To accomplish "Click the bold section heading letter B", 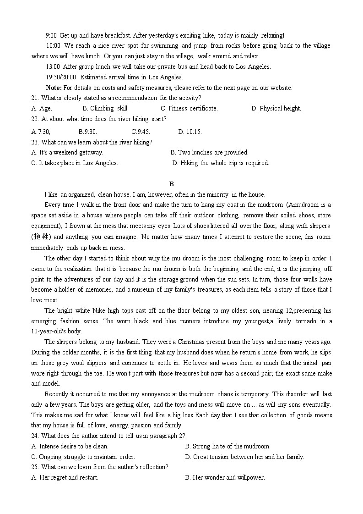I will click(172, 184).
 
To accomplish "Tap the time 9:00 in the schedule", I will click(51, 35).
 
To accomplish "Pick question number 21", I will click(35, 98).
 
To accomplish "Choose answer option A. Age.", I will click(42, 108).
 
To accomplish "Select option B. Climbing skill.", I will click(105, 108).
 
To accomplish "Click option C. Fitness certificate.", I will click(189, 108).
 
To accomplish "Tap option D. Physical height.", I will click(276, 108).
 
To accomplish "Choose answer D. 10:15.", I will click(190, 132).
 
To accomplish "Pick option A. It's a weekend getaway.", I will click(67, 152).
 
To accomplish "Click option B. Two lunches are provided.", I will click(209, 152).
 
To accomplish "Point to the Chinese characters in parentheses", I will click(41, 237).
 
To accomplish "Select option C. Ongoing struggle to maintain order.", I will click(83, 457).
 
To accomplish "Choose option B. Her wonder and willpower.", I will click(225, 477).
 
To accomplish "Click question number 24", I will click(35, 436).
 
